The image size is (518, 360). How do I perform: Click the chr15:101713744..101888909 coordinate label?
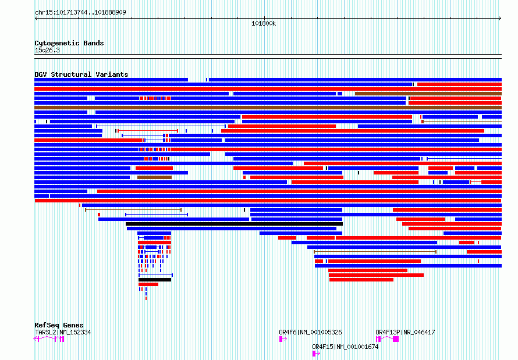[x=80, y=12]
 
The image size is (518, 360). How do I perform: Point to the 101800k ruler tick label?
[x=264, y=24]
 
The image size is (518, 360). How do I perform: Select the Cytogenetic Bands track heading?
[x=69, y=43]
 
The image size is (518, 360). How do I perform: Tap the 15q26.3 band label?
[x=47, y=50]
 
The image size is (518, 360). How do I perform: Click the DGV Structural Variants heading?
[x=81, y=74]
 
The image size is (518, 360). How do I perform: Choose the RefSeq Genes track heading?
[x=59, y=325]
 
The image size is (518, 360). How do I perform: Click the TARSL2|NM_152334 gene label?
[x=63, y=332]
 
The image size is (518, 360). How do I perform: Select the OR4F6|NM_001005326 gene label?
[x=310, y=332]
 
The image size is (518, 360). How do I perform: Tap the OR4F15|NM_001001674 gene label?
[x=345, y=347]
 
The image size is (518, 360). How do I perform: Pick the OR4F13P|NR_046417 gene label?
[x=405, y=332]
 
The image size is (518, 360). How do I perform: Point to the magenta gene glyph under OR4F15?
[x=316, y=353]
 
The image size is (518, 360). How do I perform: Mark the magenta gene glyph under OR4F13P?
[x=388, y=338]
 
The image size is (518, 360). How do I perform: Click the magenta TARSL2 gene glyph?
[x=49, y=338]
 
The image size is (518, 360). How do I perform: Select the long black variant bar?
[x=234, y=224]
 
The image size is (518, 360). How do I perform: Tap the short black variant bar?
[x=155, y=280]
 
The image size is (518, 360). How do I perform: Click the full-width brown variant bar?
[x=268, y=108]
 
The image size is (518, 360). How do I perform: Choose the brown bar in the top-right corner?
[x=428, y=94]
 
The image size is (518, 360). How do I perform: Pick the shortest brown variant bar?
[x=154, y=177]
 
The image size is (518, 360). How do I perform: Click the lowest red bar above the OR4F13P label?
[x=361, y=280]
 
